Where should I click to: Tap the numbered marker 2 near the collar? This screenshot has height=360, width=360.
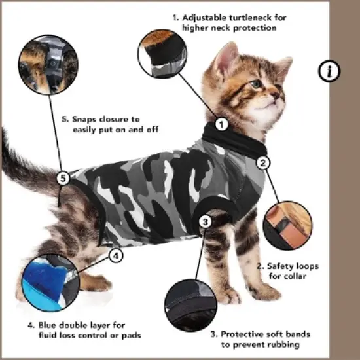[x=262, y=163]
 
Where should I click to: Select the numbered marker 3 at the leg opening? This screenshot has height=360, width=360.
[x=206, y=221]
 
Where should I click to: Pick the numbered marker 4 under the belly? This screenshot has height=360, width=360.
[x=115, y=256]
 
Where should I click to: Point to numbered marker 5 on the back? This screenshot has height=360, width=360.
[x=63, y=178]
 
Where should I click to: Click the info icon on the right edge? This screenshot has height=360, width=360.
[x=329, y=71]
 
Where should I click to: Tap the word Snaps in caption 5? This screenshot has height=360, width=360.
[x=86, y=120]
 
